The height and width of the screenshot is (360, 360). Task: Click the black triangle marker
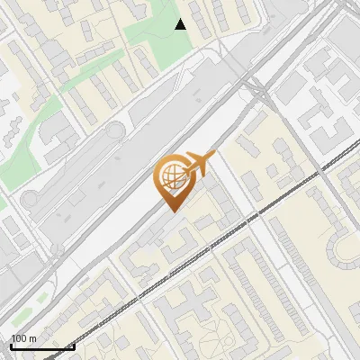click(181, 24)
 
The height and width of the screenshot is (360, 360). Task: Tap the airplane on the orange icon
click(196, 166)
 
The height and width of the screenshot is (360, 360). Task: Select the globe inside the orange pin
click(171, 176)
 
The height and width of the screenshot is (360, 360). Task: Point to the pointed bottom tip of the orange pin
click(171, 211)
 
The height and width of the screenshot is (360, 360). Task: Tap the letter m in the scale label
click(33, 338)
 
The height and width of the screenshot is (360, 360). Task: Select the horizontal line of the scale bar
click(41, 346)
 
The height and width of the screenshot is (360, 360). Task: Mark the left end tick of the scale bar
click(10, 345)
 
